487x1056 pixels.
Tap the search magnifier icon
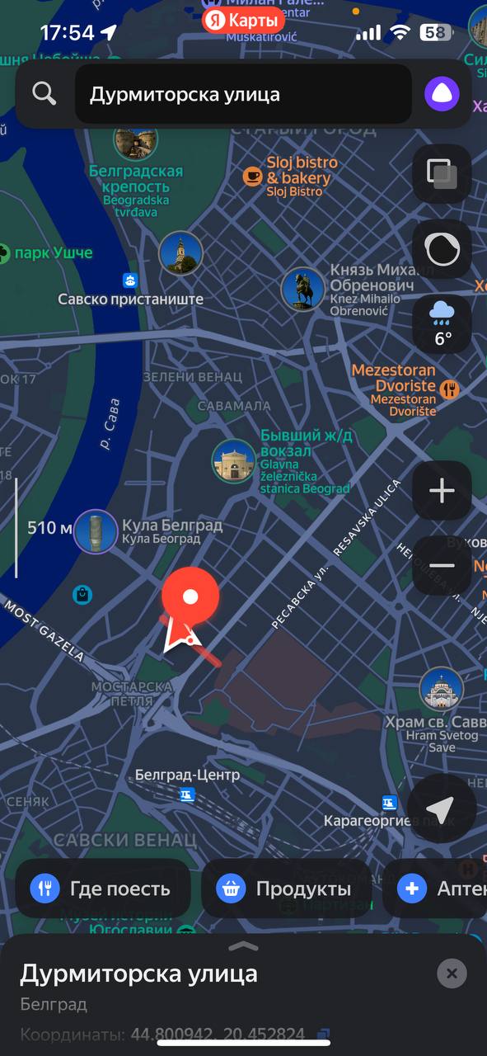pos(44,94)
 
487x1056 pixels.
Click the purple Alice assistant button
pos(442,94)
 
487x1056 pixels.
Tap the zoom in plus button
pos(442,492)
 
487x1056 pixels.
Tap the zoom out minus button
pos(442,565)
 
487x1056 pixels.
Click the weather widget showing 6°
pos(443,324)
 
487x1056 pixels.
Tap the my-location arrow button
pos(441,809)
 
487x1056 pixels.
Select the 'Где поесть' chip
pos(103,889)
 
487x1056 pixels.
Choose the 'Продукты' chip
pos(286,889)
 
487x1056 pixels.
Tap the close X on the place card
pos(451,973)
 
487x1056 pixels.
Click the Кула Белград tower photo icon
pos(96,531)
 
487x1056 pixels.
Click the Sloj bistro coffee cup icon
pos(252,177)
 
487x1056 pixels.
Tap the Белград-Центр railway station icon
pos(189,794)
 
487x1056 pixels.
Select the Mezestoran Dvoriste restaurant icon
pos(450,388)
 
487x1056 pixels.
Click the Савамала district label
pos(235,406)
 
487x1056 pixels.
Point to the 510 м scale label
pos(49,528)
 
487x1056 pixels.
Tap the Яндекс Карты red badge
pos(244,20)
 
